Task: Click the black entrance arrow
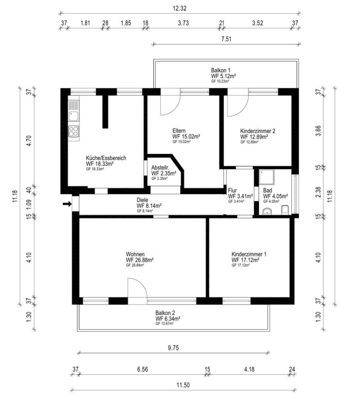coord(67,204)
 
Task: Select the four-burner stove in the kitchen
coord(74,131)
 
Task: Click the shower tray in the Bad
coord(266,177)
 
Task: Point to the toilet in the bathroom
coord(285,210)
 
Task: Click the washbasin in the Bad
coord(267,211)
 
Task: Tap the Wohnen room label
coord(135,254)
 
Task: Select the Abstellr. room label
coord(160,168)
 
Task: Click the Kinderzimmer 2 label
coord(258,131)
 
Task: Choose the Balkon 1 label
coord(220,70)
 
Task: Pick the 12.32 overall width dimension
coord(180,8)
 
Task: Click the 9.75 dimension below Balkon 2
coord(173,348)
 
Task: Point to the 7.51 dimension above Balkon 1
coord(226,39)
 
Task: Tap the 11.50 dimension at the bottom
coord(183,385)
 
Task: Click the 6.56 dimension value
coord(142,369)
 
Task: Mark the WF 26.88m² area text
coord(140,260)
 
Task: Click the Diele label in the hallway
coord(142,200)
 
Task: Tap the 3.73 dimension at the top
coord(183,23)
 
